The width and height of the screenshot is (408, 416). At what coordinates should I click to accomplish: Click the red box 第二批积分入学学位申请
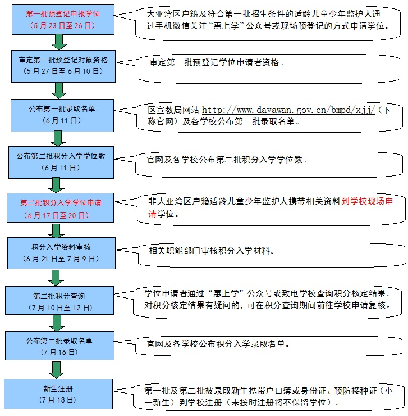point(60,207)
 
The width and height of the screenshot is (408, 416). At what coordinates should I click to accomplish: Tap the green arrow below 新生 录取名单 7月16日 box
point(56,369)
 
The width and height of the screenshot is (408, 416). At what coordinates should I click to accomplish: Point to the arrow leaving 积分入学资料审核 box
point(56,277)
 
